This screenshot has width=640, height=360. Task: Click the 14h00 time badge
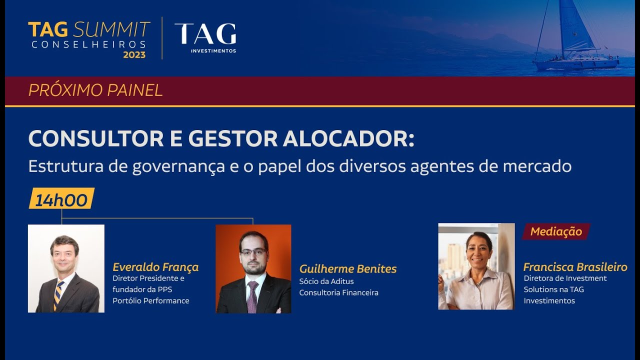click(61, 199)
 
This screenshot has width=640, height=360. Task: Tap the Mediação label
click(556, 231)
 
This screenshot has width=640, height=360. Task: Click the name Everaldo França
click(155, 267)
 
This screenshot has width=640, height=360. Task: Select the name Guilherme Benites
click(348, 269)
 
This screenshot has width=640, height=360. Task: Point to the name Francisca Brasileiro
click(575, 267)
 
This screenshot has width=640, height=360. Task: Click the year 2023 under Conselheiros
click(134, 55)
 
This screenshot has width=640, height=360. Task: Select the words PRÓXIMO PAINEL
click(95, 90)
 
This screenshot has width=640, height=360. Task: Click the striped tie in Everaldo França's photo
click(59, 294)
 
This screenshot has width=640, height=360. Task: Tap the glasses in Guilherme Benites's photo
click(253, 252)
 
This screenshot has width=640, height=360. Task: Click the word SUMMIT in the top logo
click(111, 30)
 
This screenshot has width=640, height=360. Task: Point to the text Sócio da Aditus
click(326, 281)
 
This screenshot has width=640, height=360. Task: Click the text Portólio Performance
click(150, 300)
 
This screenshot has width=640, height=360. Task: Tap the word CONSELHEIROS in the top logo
click(88, 44)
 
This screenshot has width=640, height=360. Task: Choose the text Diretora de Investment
click(565, 278)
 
